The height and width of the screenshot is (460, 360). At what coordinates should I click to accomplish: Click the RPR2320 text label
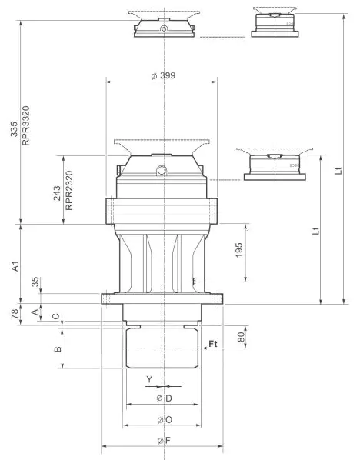[68, 190]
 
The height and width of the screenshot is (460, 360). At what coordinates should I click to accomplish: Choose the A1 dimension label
[15, 266]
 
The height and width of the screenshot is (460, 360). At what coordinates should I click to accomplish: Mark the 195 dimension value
[239, 250]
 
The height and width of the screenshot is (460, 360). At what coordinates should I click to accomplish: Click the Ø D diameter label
[162, 398]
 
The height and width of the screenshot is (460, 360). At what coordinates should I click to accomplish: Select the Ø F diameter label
[162, 441]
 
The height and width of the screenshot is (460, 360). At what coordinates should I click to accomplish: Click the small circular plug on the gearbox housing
[162, 170]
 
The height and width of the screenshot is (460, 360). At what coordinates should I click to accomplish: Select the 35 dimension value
[34, 282]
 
